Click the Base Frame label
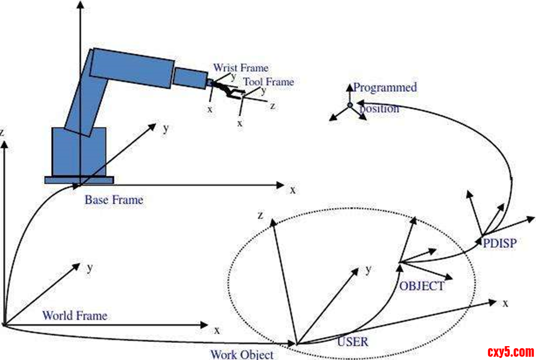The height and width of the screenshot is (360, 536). (114, 200)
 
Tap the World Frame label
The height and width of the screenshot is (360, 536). (75, 316)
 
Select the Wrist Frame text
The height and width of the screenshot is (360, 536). (241, 68)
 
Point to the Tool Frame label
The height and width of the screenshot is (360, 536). (268, 82)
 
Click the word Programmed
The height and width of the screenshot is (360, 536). (385, 87)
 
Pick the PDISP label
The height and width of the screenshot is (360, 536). (500, 243)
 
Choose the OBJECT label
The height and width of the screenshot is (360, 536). (421, 286)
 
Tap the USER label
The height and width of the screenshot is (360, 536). (352, 341)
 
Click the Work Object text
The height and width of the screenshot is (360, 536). (242, 354)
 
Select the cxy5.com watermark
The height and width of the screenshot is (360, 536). (511, 351)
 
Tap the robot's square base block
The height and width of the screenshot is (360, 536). (79, 151)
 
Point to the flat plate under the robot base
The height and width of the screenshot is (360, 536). (79, 180)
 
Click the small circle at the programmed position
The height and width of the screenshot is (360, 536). (350, 106)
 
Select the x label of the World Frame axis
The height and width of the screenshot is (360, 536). (217, 329)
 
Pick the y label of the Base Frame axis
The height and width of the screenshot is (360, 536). (166, 128)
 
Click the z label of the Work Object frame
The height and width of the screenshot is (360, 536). (260, 215)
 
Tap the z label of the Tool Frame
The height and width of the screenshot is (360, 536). (272, 106)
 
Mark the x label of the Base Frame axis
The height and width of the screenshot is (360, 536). (292, 190)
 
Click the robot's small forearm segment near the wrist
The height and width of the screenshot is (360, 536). (190, 77)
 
